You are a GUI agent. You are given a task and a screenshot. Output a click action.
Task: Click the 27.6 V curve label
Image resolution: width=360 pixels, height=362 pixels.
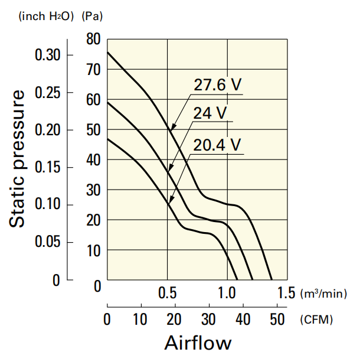point(218,84)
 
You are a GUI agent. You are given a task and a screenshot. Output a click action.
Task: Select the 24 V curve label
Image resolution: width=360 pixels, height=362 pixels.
point(210,113)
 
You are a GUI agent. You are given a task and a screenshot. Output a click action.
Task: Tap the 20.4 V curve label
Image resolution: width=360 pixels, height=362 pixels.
point(218,144)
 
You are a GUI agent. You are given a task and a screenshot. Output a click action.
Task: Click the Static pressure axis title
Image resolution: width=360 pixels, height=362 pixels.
point(18,158)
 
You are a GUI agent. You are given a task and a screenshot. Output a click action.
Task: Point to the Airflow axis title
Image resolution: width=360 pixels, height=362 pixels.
point(198,343)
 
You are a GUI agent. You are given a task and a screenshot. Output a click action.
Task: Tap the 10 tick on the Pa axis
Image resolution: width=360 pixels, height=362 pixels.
point(95,250)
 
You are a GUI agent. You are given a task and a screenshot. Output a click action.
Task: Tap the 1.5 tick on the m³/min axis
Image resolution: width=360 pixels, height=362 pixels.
point(286,293)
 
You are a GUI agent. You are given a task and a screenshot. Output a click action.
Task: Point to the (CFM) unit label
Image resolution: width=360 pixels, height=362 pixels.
point(316,320)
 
